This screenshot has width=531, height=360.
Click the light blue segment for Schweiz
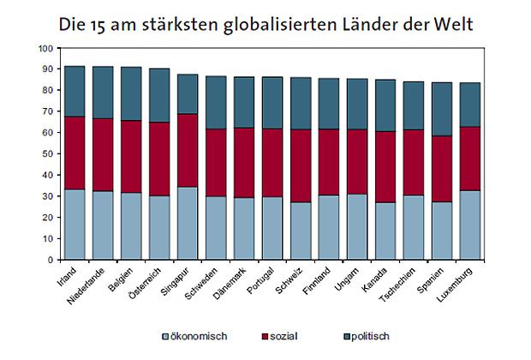[x=301, y=231]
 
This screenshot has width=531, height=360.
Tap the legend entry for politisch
[x=373, y=336]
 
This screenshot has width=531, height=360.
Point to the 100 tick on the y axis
[x=46, y=48]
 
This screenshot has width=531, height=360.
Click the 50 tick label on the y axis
[x=46, y=153]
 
